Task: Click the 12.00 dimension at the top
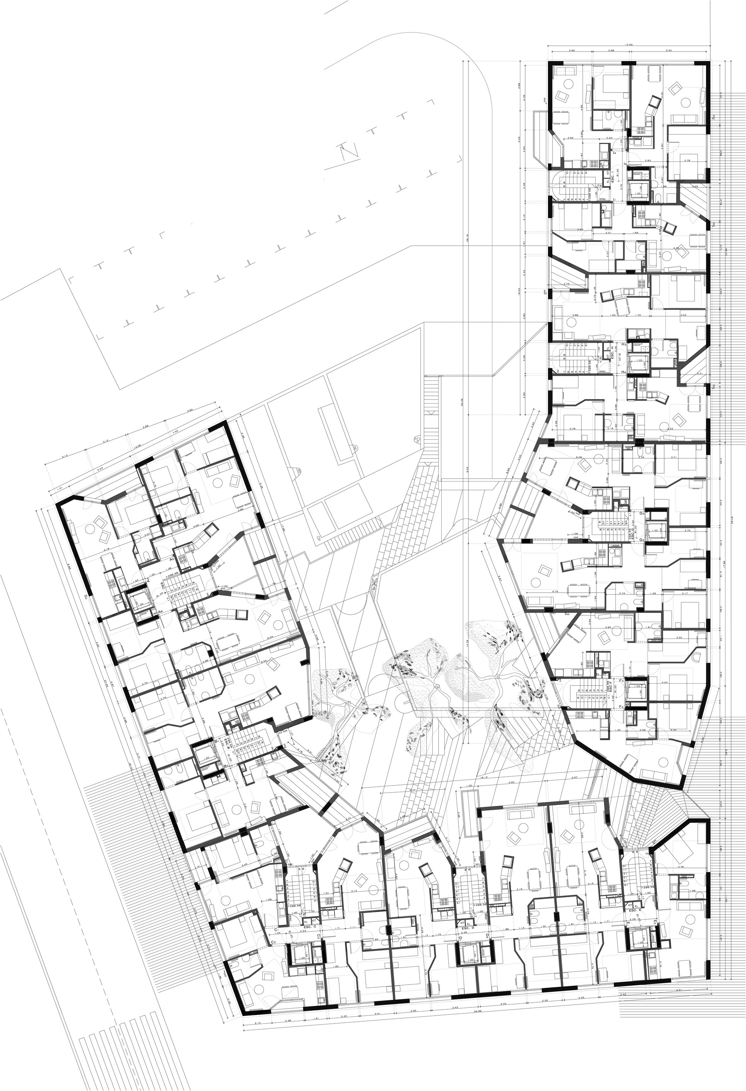tap(629, 45)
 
